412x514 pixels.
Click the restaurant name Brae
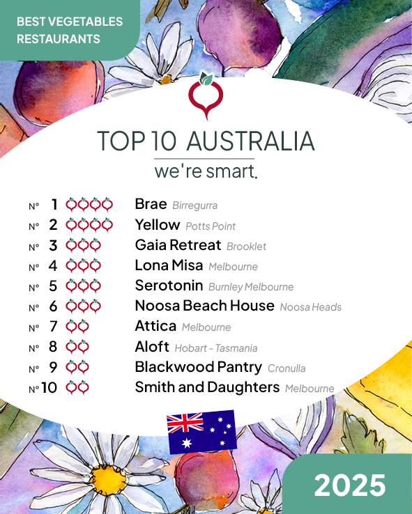coord(151,204)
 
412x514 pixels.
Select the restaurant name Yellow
coord(158,224)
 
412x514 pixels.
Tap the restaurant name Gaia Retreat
coord(178,245)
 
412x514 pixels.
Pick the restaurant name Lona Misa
coord(169,265)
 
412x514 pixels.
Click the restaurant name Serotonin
coord(169,286)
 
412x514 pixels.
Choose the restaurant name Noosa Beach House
coord(204,306)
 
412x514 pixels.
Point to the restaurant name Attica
coord(155,326)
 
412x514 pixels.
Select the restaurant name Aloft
coord(152,347)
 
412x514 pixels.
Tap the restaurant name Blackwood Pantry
coord(198,367)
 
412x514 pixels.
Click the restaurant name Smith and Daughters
coord(207,387)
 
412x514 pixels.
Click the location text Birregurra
coord(194,205)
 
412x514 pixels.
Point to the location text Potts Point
coord(211,226)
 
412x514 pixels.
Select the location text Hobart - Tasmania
coord(216,348)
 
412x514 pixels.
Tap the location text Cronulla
coord(287,368)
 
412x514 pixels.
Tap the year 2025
coord(349,485)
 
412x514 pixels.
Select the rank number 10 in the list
coord(49,388)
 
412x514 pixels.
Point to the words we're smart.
coord(206,171)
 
